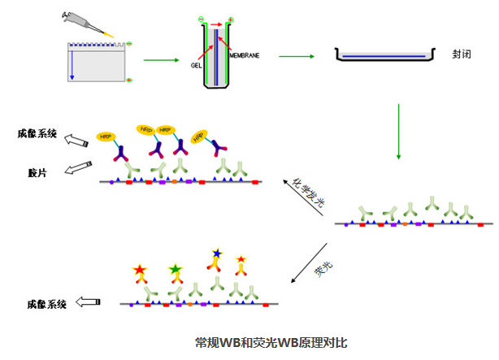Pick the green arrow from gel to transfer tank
pyautogui.click(x=161, y=59)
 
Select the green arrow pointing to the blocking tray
pyautogui.click(x=297, y=56)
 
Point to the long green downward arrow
pyautogui.click(x=397, y=131)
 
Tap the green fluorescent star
pyautogui.click(x=175, y=268)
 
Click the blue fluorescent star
pyautogui.click(x=216, y=255)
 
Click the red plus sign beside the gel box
pyautogui.click(x=129, y=80)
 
